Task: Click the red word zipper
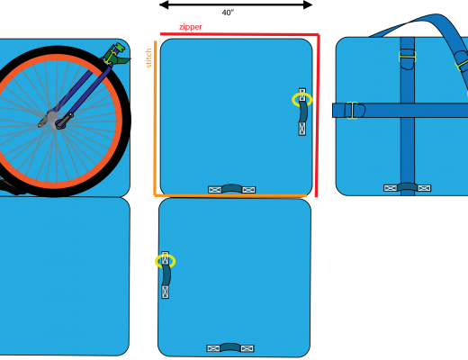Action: point(191,27)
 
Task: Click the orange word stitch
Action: point(148,58)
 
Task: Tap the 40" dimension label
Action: point(228,13)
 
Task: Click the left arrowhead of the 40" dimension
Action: point(164,4)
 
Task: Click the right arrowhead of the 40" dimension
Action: point(308,4)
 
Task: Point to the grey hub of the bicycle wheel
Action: point(53,119)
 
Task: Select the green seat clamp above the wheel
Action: point(117,54)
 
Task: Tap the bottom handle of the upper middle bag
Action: point(231,188)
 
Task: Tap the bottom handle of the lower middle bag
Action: point(230,347)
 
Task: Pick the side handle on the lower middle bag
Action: point(166,275)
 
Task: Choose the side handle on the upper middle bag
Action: point(302,112)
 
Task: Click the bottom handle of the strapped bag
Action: point(408,187)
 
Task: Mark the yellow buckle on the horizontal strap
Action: point(352,111)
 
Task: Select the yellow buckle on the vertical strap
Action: point(408,57)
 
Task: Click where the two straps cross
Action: point(408,110)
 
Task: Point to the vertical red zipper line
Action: point(319,115)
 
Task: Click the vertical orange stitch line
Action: point(156,118)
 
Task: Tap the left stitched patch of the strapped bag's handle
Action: point(391,188)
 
